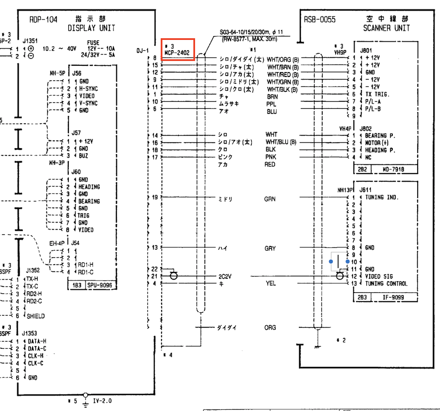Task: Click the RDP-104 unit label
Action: (40, 19)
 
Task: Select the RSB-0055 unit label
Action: (320, 19)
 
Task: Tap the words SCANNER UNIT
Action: (386, 28)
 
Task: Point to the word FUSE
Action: (93, 43)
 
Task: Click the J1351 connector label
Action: (30, 41)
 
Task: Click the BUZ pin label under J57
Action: (83, 155)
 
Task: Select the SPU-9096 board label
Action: (100, 285)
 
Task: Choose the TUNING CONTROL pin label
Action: (386, 283)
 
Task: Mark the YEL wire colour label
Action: (270, 283)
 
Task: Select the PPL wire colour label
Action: (271, 104)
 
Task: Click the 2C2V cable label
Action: (225, 276)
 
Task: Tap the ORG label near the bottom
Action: (270, 328)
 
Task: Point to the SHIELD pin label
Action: (36, 316)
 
